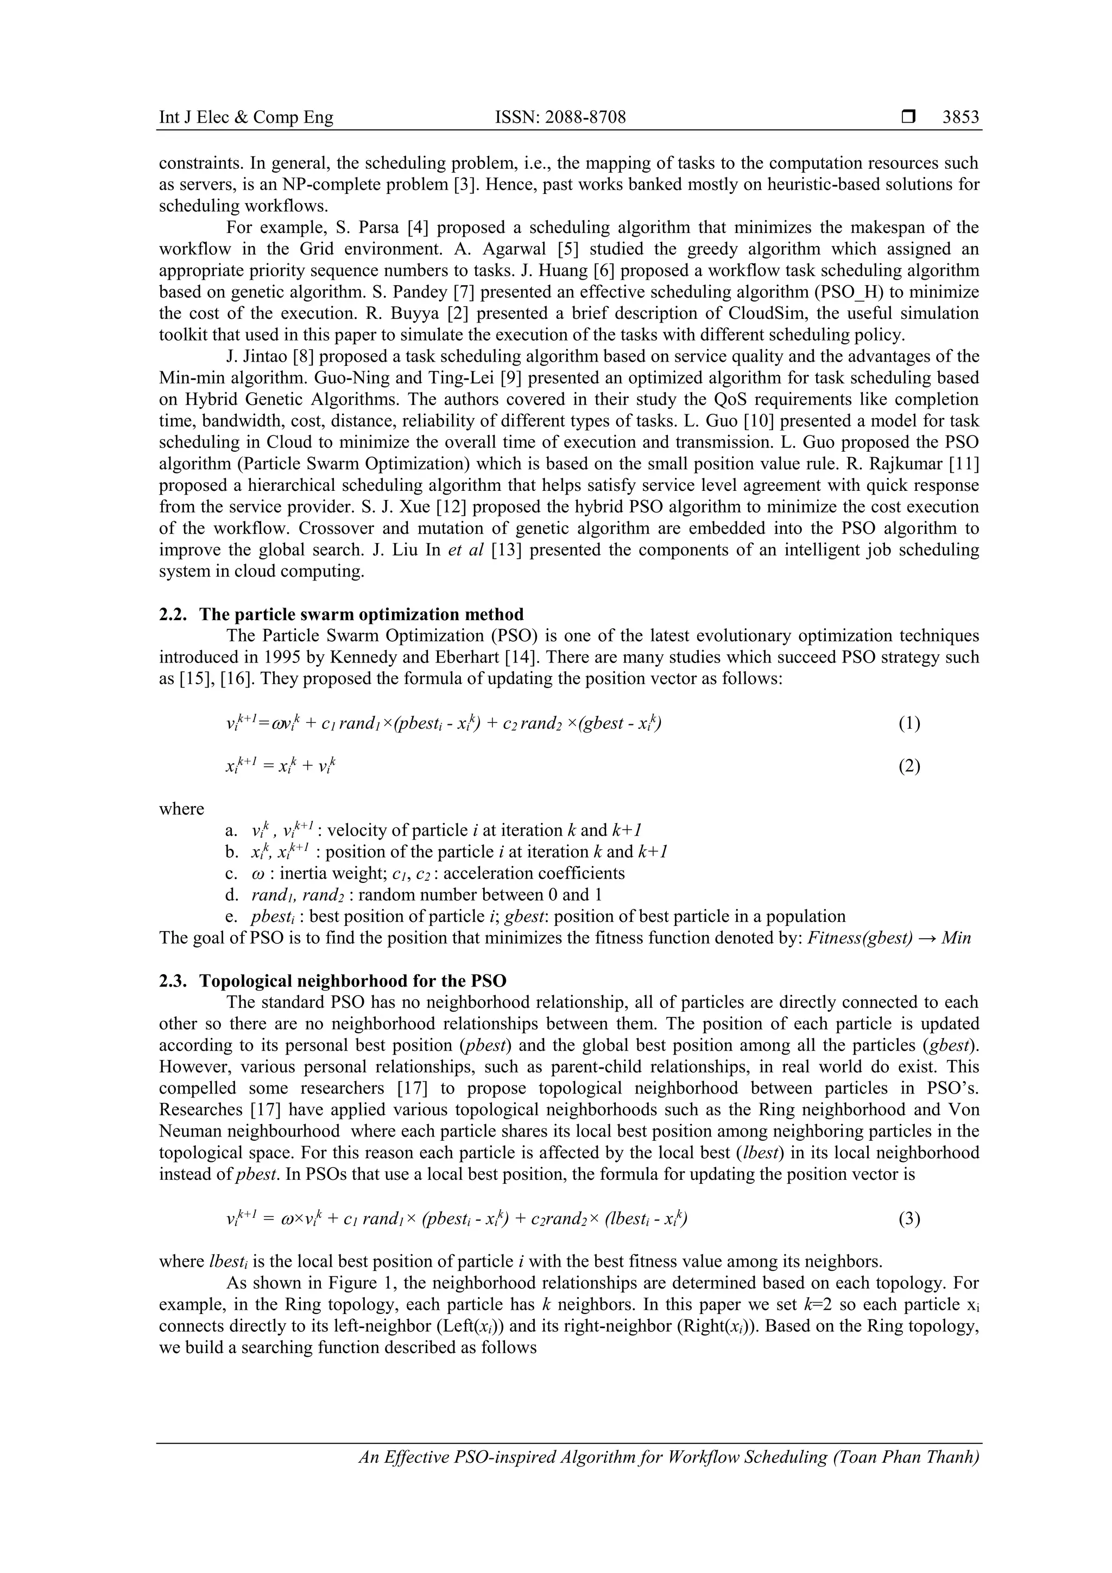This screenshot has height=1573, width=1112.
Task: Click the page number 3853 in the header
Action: pos(961,117)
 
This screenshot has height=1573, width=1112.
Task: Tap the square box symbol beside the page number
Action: pos(908,117)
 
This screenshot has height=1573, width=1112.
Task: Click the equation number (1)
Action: pos(909,723)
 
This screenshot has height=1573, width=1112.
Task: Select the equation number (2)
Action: pos(909,766)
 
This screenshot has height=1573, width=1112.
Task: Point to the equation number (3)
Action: pos(909,1219)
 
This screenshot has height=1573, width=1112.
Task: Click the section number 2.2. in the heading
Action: pos(174,614)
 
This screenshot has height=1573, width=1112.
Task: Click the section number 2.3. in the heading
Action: pos(174,981)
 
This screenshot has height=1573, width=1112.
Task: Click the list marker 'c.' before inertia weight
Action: pos(231,874)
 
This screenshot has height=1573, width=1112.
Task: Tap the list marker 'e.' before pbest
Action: pos(231,917)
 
